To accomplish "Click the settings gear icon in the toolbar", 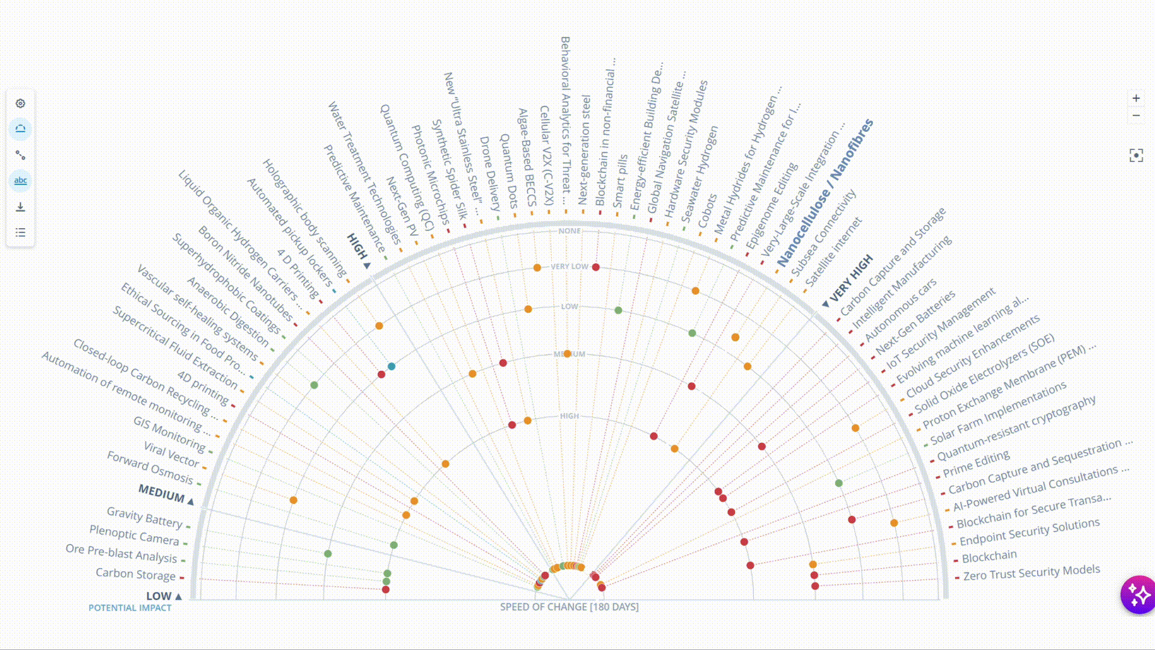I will (20, 104).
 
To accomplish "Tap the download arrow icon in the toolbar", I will (20, 207).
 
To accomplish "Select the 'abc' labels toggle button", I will (20, 181).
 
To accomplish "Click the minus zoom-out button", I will (1136, 116).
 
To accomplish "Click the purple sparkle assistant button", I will (1138, 595).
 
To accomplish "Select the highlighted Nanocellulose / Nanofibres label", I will (825, 193).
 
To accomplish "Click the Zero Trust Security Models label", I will (1031, 572).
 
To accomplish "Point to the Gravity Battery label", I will (144, 516).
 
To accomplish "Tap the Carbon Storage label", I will (135, 574).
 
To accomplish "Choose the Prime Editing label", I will (976, 463).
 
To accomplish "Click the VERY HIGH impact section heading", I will (851, 278).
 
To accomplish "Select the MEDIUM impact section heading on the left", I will (161, 493).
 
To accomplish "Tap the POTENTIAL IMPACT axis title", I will (130, 608).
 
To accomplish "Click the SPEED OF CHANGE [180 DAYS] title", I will (569, 607).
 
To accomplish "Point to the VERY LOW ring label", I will (569, 267).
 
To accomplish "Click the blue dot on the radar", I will (392, 366).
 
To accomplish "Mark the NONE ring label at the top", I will (569, 231).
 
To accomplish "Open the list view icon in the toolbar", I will (20, 232).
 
